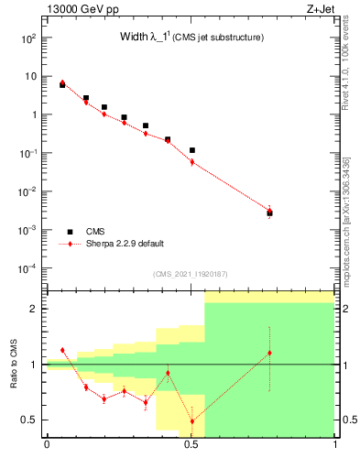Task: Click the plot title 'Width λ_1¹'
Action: click(152, 38)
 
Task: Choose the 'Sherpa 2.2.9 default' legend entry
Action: click(125, 244)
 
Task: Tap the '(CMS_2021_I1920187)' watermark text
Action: click(191, 273)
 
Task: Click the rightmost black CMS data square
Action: click(269, 213)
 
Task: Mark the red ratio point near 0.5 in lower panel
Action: click(191, 421)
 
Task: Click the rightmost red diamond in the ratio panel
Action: click(269, 353)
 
